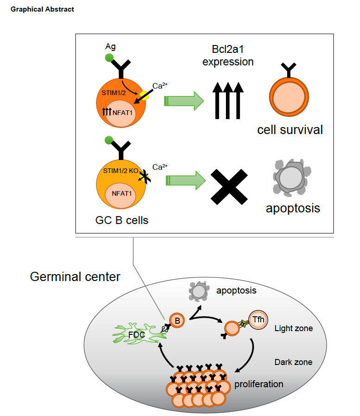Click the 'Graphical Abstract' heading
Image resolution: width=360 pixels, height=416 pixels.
click(x=42, y=9)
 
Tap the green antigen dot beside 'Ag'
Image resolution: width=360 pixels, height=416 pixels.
click(x=109, y=58)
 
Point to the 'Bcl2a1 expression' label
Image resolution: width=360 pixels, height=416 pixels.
click(x=228, y=55)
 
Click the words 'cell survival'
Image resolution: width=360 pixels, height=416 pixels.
click(x=290, y=129)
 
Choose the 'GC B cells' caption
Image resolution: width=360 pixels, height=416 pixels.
click(x=122, y=220)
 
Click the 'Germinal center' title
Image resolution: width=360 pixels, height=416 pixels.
click(x=75, y=277)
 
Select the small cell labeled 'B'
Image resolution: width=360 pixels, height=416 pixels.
click(x=176, y=320)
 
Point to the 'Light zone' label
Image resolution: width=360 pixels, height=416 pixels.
click(x=293, y=328)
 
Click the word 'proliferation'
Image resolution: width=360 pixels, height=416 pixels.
click(x=259, y=384)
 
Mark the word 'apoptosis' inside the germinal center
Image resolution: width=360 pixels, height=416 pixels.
click(x=236, y=291)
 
